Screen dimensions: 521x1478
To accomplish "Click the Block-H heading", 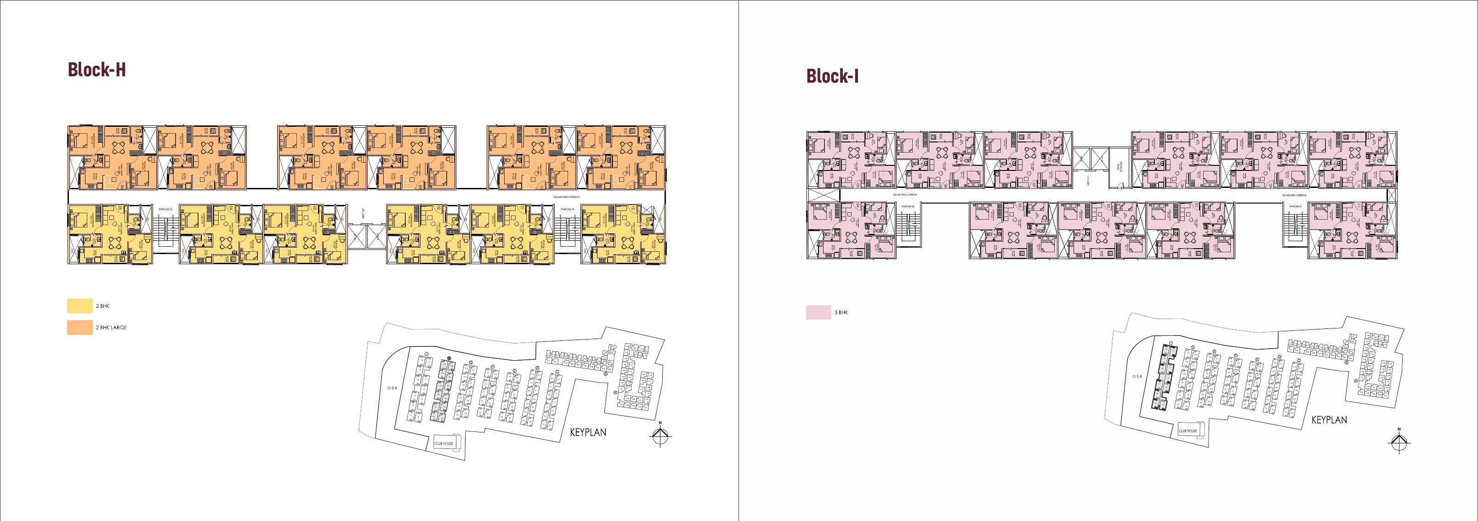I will pyautogui.click(x=97, y=70).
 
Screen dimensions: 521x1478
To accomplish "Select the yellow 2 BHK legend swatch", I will pyautogui.click(x=80, y=306).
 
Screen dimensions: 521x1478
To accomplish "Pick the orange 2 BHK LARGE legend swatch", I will pyautogui.click(x=80, y=327).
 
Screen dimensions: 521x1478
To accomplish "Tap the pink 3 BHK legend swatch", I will pyautogui.click(x=818, y=312).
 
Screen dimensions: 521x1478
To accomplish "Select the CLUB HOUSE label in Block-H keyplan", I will pyautogui.click(x=444, y=443).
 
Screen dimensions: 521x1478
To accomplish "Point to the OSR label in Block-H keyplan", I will pyautogui.click(x=392, y=388).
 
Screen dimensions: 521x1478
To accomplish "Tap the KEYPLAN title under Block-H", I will pyautogui.click(x=587, y=432).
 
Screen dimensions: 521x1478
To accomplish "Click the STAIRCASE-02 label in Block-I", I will pyautogui.click(x=907, y=205).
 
